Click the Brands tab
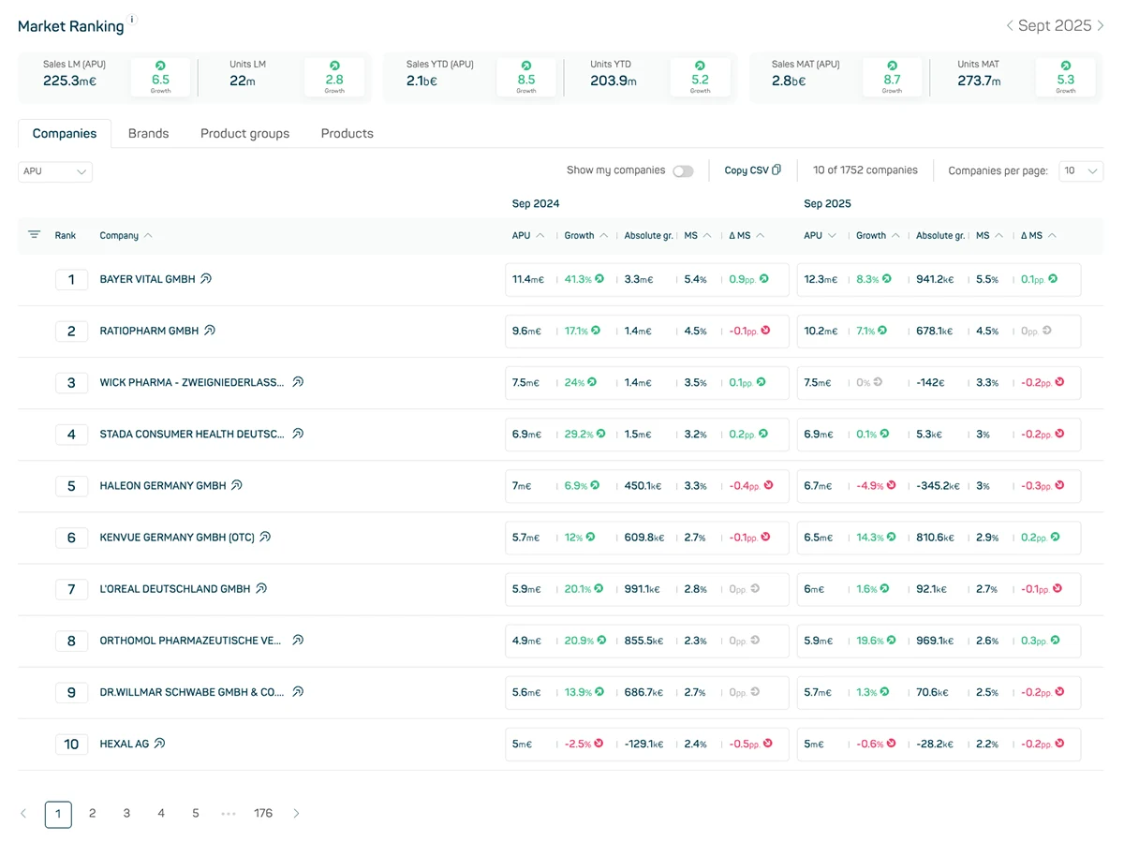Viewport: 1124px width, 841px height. (x=148, y=134)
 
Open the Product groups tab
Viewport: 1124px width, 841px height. (x=244, y=134)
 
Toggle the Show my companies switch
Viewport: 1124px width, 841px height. (x=683, y=171)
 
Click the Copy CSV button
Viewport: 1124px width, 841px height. (x=752, y=170)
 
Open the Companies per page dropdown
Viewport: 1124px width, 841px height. (x=1080, y=171)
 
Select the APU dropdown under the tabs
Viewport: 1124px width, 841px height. (x=55, y=171)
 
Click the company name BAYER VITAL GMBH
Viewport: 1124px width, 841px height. (x=147, y=279)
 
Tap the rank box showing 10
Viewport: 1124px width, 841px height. (x=71, y=745)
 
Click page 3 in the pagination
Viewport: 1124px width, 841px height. (x=126, y=814)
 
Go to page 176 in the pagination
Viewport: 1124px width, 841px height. (x=263, y=814)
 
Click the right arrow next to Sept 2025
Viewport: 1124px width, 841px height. (x=1100, y=25)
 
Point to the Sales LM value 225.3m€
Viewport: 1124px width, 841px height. (x=69, y=81)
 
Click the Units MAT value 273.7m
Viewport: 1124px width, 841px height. (x=981, y=81)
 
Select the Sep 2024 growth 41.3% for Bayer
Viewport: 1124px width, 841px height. (x=578, y=279)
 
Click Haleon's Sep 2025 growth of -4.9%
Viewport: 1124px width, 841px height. (x=869, y=486)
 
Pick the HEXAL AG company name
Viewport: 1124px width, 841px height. (x=124, y=745)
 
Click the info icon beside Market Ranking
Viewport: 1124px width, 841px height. (x=132, y=19)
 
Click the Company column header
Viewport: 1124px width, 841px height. (x=119, y=236)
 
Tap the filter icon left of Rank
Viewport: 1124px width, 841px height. (x=35, y=235)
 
